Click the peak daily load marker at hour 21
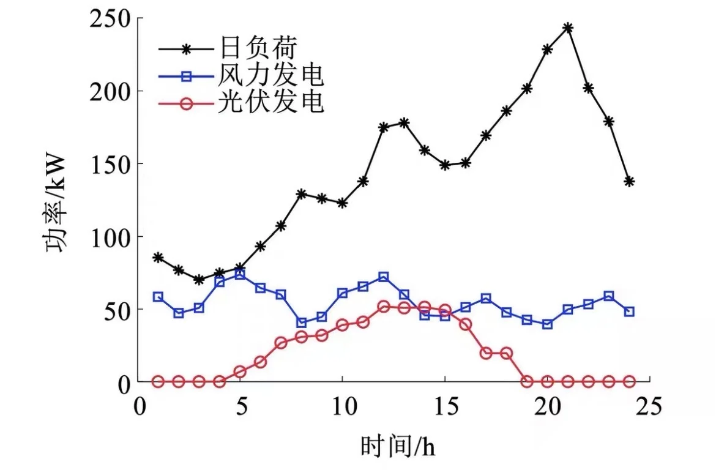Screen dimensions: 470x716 pos(568,28)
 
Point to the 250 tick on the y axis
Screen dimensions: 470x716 pos(113,18)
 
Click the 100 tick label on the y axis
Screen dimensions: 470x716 pos(113,236)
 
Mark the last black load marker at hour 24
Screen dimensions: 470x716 pos(629,181)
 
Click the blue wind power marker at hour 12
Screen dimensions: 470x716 pos(384,277)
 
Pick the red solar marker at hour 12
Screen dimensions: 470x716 pos(384,306)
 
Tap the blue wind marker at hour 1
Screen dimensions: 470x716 pos(158,297)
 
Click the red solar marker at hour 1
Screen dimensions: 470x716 pos(158,381)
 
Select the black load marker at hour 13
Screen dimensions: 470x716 pos(404,122)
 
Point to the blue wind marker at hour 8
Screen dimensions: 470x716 pos(301,323)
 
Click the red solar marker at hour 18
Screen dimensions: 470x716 pos(506,353)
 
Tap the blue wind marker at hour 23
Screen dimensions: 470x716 pos(608,296)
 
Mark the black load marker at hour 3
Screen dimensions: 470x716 pos(199,279)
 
